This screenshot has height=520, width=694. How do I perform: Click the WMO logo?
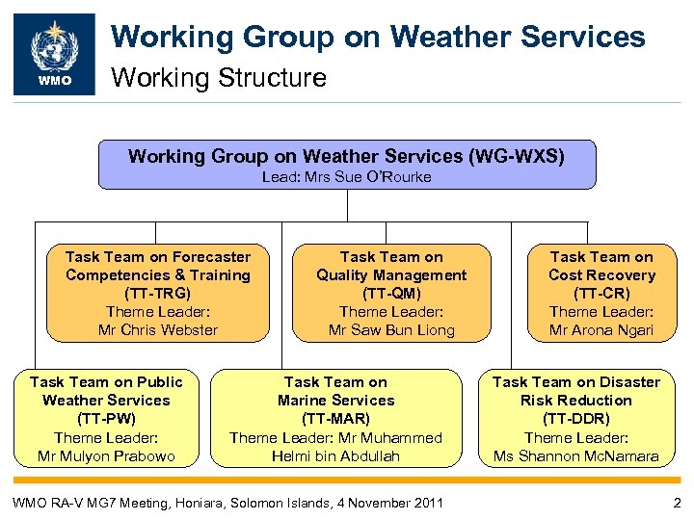coord(54,54)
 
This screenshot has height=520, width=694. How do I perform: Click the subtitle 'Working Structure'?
coord(220,77)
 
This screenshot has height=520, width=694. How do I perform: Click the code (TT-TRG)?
coord(158,294)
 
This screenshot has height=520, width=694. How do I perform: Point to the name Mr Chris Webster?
coord(158,330)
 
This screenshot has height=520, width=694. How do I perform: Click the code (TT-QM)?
coord(391,294)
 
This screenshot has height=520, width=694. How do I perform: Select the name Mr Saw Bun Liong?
coord(391,330)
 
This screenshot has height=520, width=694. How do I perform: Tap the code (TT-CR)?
coord(601,294)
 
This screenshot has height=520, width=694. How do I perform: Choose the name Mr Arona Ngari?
coord(601,330)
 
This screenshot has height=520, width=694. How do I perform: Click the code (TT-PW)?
coord(106,419)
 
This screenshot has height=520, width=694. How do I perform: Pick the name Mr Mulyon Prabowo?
coord(106,455)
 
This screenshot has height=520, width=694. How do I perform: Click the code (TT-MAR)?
coord(335,419)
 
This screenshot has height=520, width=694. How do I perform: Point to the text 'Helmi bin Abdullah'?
coord(335,455)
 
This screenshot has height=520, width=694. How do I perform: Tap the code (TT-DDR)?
coord(575,419)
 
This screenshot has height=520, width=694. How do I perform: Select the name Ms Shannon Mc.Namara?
coord(575,455)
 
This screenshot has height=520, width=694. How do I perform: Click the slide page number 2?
coord(677,502)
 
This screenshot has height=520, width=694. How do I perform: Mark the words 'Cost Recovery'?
coord(601,275)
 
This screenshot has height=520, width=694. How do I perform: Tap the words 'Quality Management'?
coord(391,275)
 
